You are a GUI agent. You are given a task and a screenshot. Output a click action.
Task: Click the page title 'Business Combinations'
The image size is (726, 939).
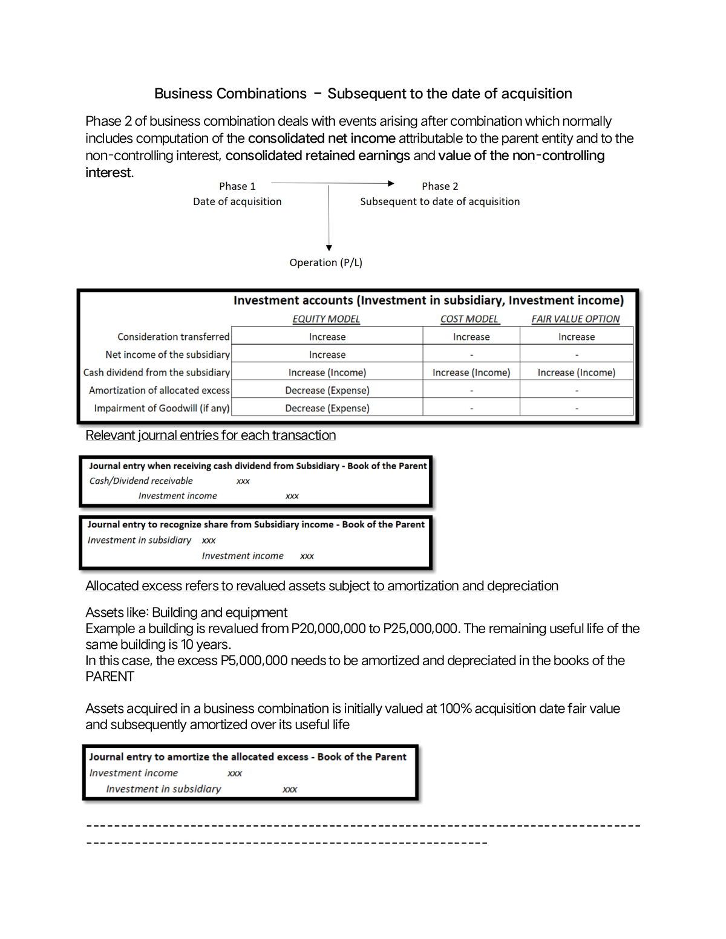point(231,94)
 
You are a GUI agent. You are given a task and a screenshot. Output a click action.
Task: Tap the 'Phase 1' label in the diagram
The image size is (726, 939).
point(237,186)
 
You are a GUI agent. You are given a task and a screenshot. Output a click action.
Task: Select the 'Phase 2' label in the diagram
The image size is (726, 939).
point(440,186)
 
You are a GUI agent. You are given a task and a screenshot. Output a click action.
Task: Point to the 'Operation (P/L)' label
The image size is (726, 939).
point(325,262)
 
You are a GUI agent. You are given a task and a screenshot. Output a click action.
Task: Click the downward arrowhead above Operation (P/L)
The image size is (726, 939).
point(329,247)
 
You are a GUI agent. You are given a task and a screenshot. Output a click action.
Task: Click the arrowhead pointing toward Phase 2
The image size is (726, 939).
point(391,183)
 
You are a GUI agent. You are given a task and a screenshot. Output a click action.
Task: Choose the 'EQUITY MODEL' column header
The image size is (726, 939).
point(326,319)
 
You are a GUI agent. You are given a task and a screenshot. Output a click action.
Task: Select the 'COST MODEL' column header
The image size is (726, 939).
point(469,319)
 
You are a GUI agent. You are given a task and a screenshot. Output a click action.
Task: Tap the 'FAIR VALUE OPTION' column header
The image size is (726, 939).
point(575,319)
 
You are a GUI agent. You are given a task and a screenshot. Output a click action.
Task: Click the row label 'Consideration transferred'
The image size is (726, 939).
point(173,337)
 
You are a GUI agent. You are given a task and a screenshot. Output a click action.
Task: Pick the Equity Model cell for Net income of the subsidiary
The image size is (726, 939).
point(327,355)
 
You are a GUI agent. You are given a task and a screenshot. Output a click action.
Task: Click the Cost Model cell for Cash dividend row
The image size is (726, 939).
point(471,372)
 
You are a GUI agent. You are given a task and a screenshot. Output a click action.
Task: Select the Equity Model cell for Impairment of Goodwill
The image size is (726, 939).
point(327,408)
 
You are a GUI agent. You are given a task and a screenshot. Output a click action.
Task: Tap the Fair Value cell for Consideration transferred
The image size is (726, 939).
point(577,337)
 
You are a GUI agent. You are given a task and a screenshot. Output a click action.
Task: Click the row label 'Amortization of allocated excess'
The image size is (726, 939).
point(159,391)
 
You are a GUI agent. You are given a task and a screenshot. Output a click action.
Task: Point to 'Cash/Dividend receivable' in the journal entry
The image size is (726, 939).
point(141,481)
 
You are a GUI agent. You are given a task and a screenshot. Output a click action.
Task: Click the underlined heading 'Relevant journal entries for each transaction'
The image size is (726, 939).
point(211,435)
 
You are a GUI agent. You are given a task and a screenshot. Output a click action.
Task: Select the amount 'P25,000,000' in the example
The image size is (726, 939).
point(420,629)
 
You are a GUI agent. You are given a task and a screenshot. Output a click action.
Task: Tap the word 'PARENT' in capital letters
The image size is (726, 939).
point(110,677)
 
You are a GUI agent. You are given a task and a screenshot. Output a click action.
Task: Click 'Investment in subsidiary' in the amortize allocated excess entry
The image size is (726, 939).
point(163,789)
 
